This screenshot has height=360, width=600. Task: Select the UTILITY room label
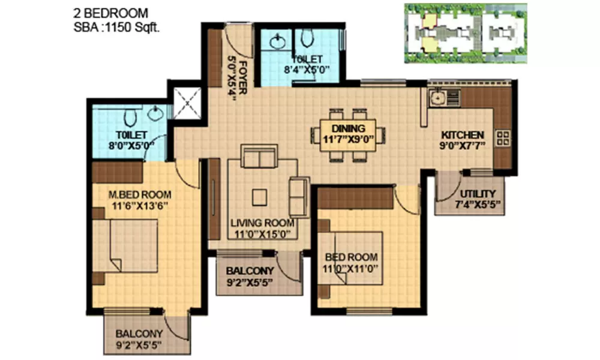tap(478, 194)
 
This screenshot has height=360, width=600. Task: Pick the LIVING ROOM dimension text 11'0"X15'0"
tap(263, 234)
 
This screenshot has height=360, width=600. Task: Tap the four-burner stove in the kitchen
tap(502, 139)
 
